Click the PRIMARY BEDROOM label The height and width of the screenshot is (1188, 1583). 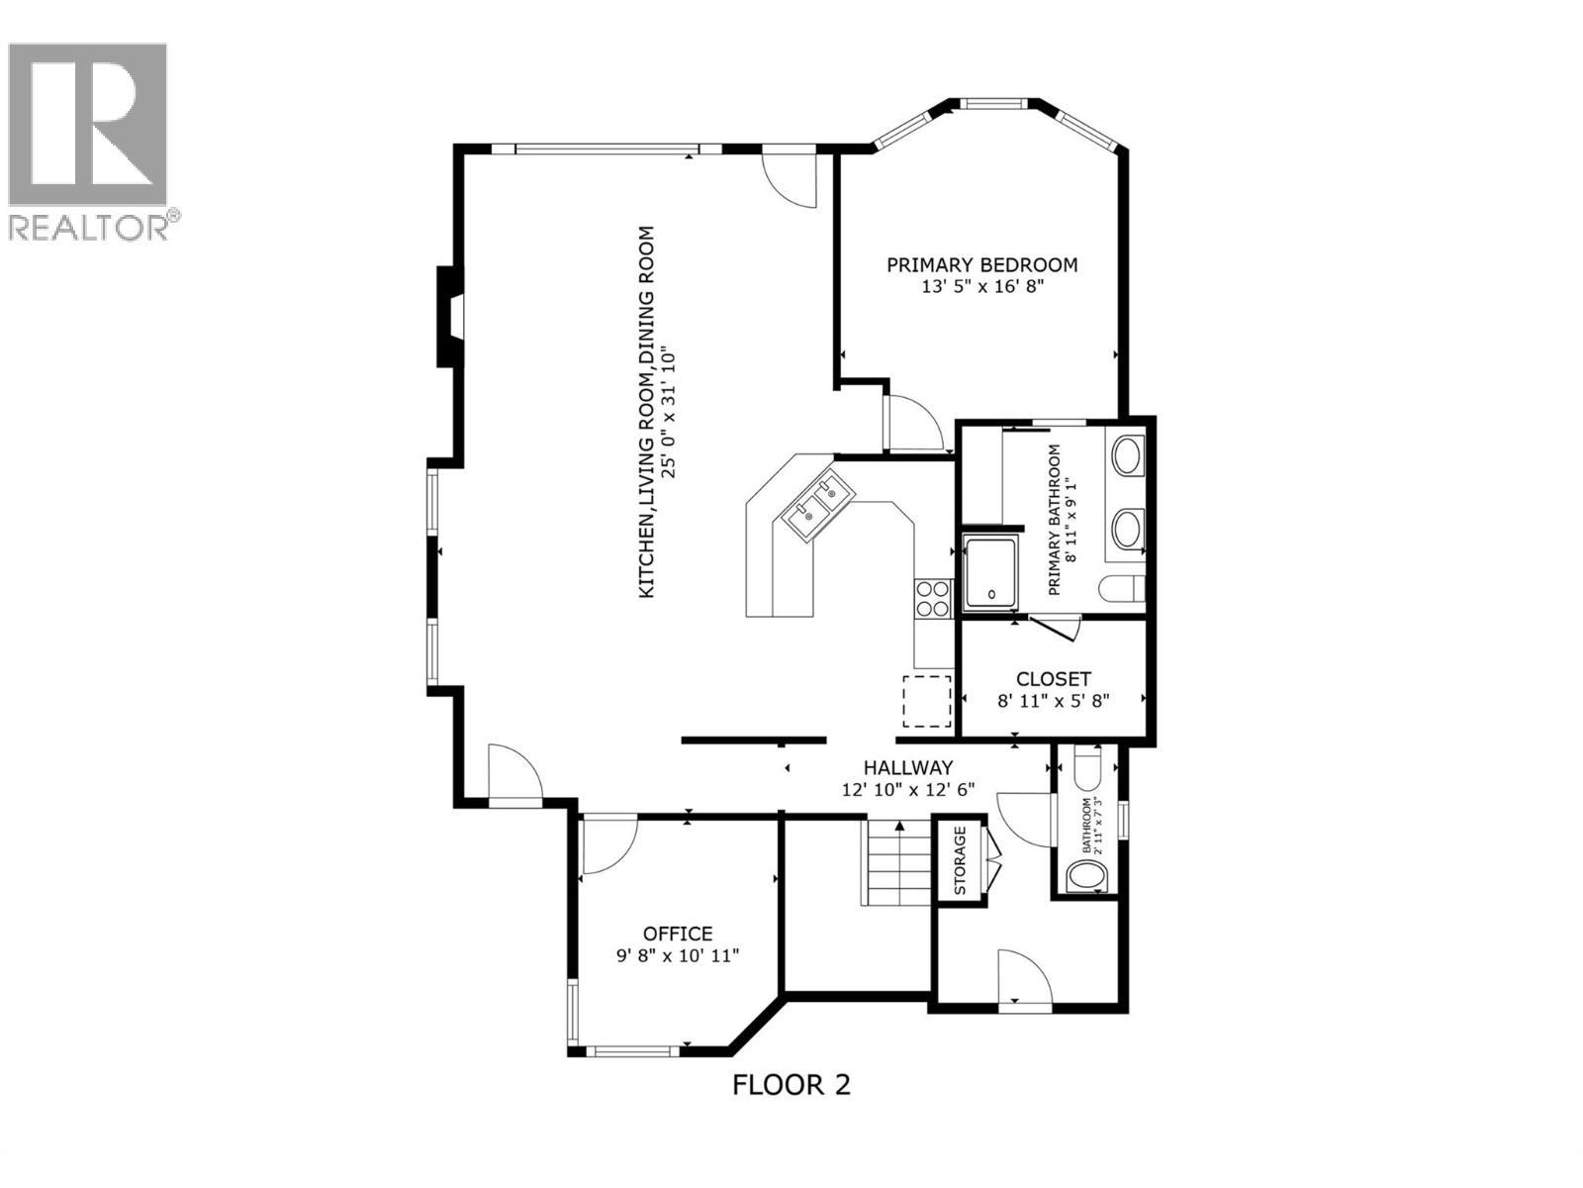coord(981,265)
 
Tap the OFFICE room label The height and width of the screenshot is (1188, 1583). coord(678,934)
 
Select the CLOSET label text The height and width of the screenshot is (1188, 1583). coord(1054,679)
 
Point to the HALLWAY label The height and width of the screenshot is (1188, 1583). coord(907,767)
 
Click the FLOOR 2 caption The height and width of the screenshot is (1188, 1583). coord(791,1085)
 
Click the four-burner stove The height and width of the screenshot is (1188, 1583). coord(933,599)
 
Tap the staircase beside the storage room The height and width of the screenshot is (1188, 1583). coord(898,863)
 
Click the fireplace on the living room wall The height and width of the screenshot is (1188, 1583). coord(448,317)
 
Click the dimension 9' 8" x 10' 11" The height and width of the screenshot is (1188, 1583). coord(678,956)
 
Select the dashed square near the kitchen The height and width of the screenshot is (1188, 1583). coord(927,701)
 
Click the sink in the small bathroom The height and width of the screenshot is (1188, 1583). coord(1085,877)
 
